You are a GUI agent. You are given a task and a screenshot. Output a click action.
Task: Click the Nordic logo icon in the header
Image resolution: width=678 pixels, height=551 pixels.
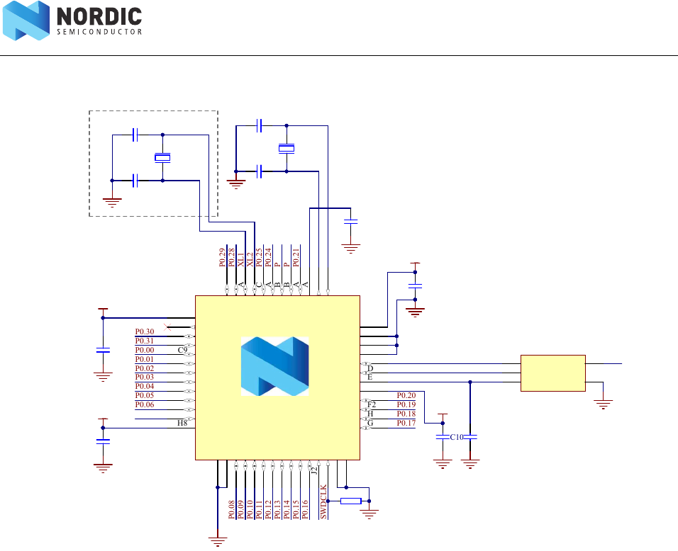click(x=26, y=21)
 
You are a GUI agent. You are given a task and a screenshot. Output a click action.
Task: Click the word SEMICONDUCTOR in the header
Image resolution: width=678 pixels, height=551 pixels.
click(x=99, y=31)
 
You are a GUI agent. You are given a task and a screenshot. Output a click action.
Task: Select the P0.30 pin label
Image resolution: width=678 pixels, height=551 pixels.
click(x=145, y=331)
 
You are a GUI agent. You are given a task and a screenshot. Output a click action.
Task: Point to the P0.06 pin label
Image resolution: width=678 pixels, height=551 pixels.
click(x=145, y=404)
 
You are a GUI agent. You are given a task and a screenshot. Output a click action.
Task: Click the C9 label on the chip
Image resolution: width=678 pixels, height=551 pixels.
click(x=182, y=350)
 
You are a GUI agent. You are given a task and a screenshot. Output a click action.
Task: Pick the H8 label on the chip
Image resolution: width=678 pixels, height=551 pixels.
click(x=182, y=423)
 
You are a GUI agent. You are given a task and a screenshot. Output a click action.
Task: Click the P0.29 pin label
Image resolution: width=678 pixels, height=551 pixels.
click(x=223, y=258)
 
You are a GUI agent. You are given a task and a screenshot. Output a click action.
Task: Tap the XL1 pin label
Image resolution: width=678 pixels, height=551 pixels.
click(x=241, y=260)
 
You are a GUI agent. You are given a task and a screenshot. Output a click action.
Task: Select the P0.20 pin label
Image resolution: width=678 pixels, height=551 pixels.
click(x=406, y=395)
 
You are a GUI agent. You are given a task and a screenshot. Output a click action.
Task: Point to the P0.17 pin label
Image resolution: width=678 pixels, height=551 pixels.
click(x=406, y=423)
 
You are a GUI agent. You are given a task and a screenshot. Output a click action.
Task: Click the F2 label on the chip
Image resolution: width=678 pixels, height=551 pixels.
click(x=372, y=404)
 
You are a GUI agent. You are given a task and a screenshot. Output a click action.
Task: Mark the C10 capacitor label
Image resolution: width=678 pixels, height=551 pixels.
click(x=456, y=437)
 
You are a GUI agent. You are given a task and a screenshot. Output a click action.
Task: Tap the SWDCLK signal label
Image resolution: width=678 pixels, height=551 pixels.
click(x=324, y=501)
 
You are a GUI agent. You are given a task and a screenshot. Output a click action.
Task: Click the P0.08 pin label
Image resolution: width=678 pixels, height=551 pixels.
click(x=232, y=510)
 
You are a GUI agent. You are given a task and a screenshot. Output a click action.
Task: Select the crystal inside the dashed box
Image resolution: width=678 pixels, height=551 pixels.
click(x=163, y=158)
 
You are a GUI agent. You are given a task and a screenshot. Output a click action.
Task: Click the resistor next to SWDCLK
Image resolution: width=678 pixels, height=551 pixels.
click(x=351, y=501)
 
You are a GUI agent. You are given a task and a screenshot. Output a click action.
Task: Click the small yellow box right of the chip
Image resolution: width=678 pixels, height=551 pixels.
click(x=553, y=373)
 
